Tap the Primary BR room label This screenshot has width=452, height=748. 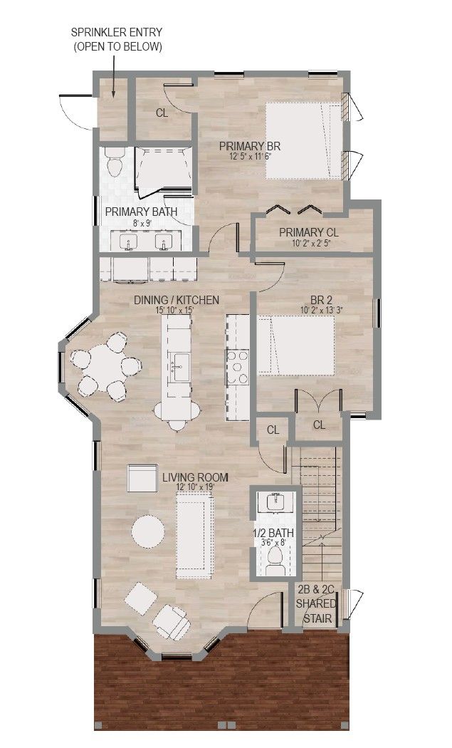pyautogui.click(x=249, y=146)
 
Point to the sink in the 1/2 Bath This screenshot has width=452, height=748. pyautogui.click(x=275, y=502)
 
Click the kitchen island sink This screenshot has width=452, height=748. pyautogui.click(x=180, y=367)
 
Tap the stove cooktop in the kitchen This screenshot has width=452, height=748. pyautogui.click(x=238, y=367)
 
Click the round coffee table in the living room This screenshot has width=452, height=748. pyautogui.click(x=148, y=532)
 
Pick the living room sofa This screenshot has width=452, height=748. pyautogui.click(x=194, y=536)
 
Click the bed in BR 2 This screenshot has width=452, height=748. pyautogui.click(x=296, y=346)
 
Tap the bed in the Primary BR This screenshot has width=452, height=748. pyautogui.click(x=304, y=141)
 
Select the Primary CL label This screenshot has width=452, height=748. pyautogui.click(x=309, y=232)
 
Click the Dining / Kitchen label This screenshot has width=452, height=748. pyautogui.click(x=177, y=300)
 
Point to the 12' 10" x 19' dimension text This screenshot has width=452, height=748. pyautogui.click(x=196, y=487)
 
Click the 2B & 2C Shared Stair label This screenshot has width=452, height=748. pyautogui.click(x=316, y=603)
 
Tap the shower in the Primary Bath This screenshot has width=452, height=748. pyautogui.click(x=163, y=172)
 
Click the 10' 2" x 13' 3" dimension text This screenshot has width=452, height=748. pyautogui.click(x=322, y=310)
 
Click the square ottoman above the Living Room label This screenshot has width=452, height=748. pyautogui.click(x=142, y=478)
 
